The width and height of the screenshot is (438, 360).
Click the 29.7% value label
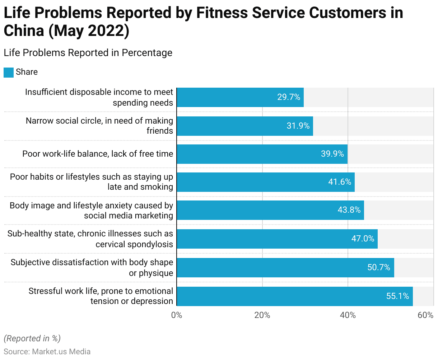coord(288,97)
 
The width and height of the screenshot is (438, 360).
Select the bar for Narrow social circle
coord(244,126)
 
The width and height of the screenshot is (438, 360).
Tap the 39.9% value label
coord(332,154)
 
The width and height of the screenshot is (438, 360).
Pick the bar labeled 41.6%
coord(265,182)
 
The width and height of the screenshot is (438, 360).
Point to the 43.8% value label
coord(349,210)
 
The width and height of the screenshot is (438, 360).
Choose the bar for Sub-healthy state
coord(277,239)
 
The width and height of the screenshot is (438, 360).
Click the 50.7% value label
coord(378,267)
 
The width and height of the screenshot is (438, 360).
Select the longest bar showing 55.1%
coord(294,296)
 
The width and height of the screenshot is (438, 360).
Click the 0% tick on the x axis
coord(177,315)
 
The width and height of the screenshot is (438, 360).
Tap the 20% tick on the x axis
coord(262,315)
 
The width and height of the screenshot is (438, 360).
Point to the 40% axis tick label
coord(348,315)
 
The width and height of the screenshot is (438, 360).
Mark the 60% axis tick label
coord(426,315)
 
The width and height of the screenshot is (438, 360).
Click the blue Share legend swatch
coord(9,72)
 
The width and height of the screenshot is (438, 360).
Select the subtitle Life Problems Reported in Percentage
coord(88,53)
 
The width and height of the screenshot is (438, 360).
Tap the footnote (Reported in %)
coord(32,338)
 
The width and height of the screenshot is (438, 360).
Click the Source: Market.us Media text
coord(47,351)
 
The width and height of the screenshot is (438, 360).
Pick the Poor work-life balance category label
coord(98,154)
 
